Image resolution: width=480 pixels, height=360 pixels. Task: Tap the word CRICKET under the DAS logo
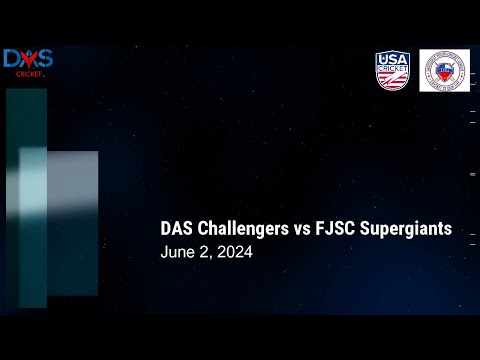click(28, 74)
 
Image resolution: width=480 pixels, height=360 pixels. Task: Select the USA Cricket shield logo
click(393, 70)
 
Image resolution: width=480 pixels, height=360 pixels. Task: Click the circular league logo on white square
click(444, 70)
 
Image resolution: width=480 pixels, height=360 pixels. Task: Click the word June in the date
click(176, 254)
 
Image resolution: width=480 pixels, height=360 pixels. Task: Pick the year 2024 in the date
click(233, 254)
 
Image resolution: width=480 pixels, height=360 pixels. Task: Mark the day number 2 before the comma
click(203, 254)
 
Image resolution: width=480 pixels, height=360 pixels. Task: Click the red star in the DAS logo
click(28, 60)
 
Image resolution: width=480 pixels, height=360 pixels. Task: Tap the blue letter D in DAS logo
click(13, 59)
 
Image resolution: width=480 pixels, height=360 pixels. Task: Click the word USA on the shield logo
click(393, 59)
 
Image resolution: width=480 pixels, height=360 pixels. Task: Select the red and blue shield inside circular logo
click(444, 71)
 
